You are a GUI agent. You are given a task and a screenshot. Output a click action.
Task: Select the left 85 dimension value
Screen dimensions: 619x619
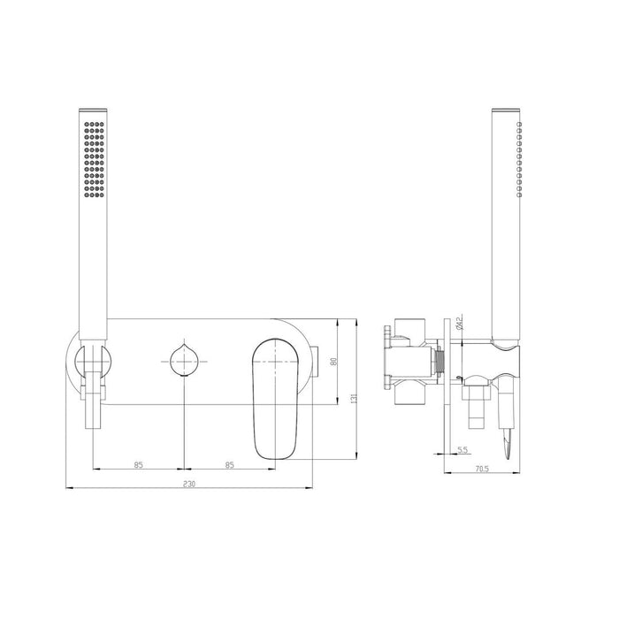tap(139, 462)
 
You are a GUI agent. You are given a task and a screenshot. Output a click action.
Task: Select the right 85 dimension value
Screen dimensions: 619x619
tap(229, 462)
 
